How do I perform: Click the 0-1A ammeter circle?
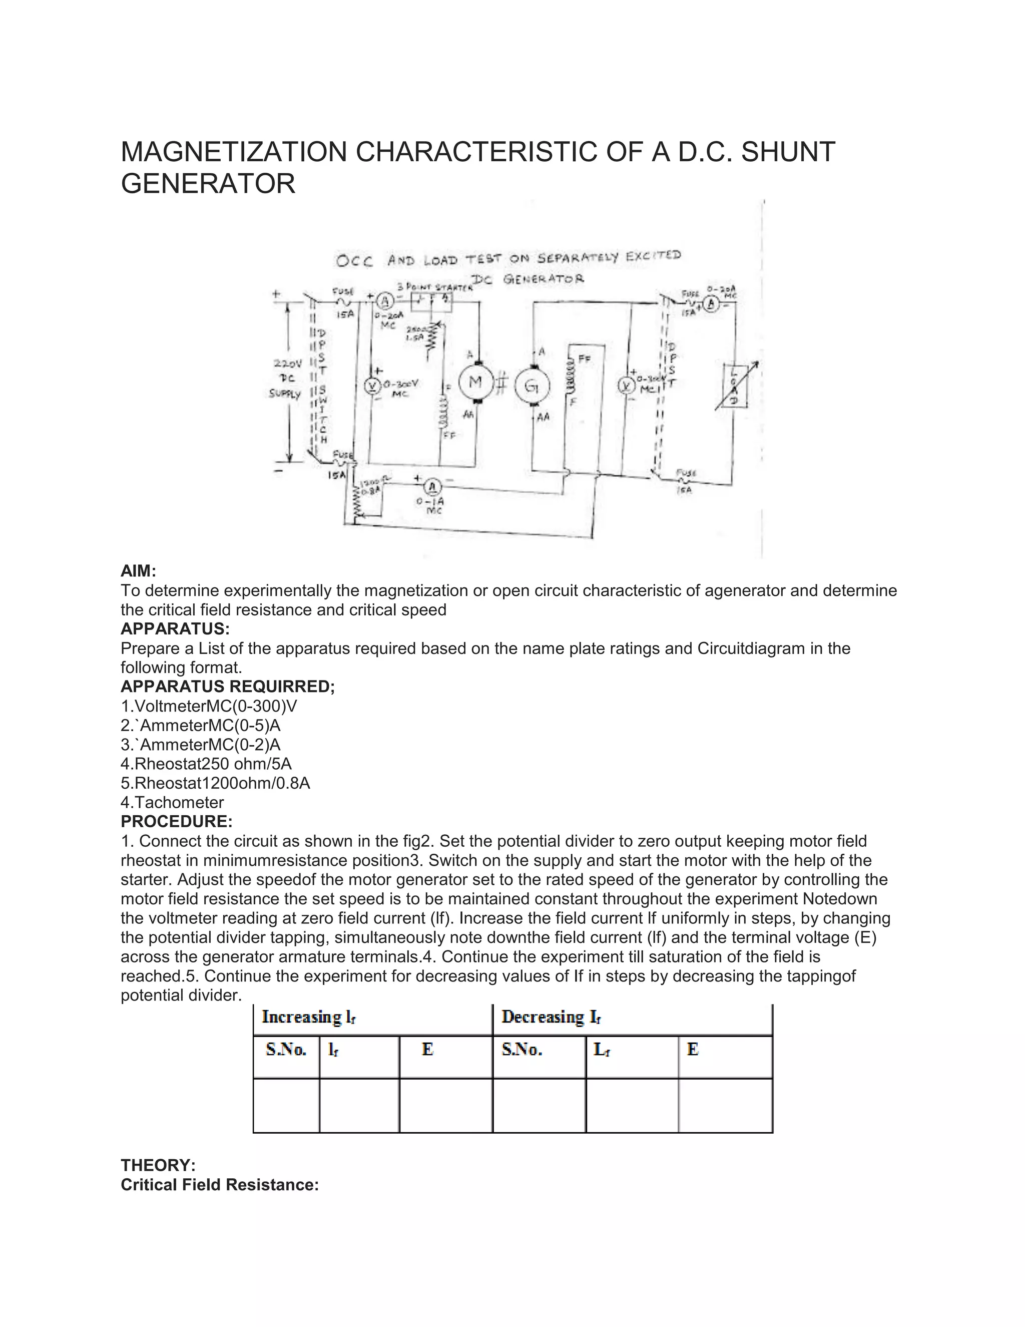click(432, 486)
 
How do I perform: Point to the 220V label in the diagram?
click(287, 364)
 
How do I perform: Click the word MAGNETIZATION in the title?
click(234, 152)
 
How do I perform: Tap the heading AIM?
click(139, 571)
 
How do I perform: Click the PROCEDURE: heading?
click(176, 821)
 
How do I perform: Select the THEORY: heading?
click(158, 1165)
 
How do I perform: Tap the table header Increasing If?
click(308, 1017)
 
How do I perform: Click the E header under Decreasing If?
click(692, 1049)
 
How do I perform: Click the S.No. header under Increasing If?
click(286, 1049)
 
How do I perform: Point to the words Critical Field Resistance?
click(220, 1185)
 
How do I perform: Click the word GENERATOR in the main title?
click(208, 183)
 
